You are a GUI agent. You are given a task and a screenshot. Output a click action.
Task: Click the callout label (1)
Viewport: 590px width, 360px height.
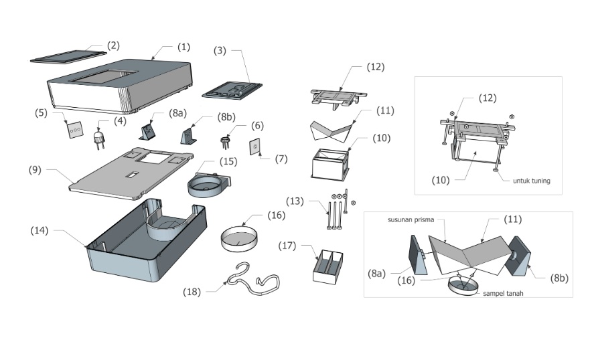[x=183, y=47]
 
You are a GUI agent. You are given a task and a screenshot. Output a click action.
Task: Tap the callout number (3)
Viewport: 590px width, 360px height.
[x=222, y=50]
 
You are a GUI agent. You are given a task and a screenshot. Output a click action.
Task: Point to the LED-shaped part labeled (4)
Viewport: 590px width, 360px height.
[x=100, y=137]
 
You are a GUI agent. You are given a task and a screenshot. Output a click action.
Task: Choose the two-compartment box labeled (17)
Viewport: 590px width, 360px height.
[x=327, y=268]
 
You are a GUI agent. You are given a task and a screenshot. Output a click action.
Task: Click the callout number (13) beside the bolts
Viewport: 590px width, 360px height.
[x=295, y=201]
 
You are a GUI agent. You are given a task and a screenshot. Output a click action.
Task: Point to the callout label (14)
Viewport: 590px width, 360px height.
[x=40, y=230]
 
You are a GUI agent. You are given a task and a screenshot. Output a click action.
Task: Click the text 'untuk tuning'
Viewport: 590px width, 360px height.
[x=531, y=181]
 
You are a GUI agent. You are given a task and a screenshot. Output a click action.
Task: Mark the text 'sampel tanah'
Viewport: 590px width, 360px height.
[x=502, y=293]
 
